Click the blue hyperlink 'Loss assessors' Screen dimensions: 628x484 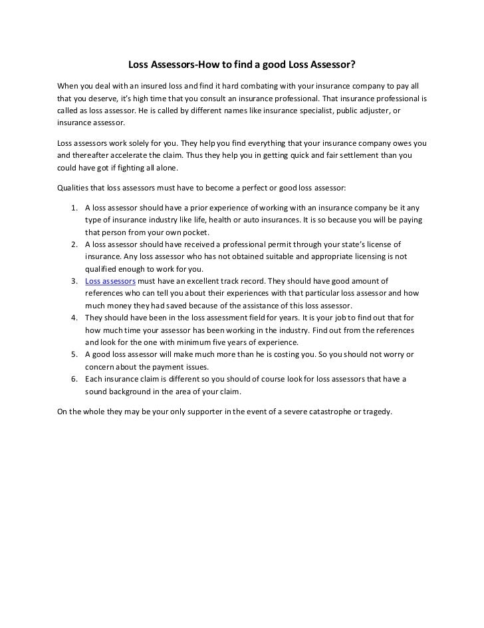[x=110, y=281]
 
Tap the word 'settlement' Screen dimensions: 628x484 [x=365, y=155]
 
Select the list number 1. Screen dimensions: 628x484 [x=72, y=208]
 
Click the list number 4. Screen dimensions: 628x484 [x=72, y=318]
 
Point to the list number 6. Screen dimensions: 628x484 [x=72, y=379]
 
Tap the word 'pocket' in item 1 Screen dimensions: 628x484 [x=196, y=232]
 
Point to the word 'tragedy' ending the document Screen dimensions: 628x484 [x=378, y=411]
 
